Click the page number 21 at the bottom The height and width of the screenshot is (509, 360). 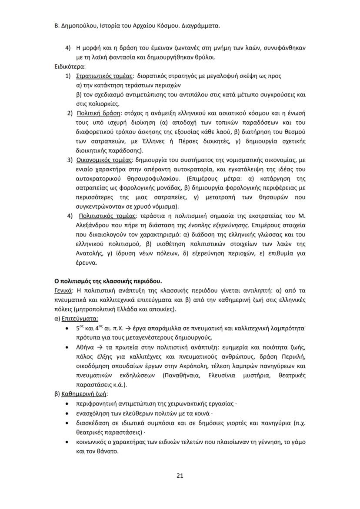click(x=180, y=475)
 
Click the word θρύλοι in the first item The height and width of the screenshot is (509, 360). click(x=204, y=57)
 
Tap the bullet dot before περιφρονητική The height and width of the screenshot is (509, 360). click(x=66, y=404)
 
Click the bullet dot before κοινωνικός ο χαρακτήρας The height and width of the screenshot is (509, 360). click(x=66, y=442)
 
